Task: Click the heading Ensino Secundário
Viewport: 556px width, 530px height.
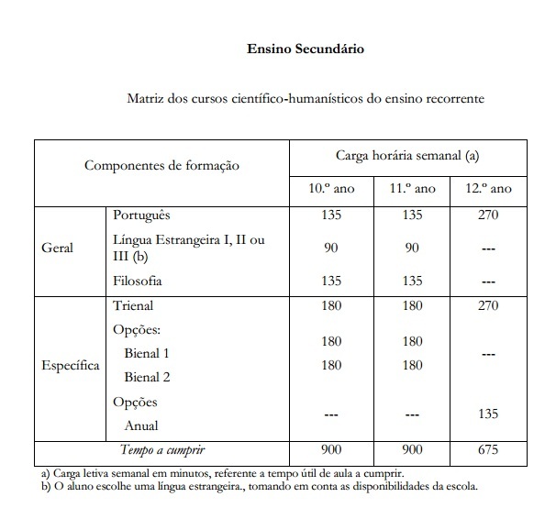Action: (306, 50)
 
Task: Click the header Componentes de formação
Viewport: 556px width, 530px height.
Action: (161, 166)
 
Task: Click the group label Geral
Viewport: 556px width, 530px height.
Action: (58, 248)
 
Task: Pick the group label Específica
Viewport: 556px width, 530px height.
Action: (71, 365)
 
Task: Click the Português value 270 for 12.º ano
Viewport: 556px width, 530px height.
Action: (488, 216)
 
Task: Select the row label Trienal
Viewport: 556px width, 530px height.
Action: (133, 305)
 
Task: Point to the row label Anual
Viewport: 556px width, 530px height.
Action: (141, 425)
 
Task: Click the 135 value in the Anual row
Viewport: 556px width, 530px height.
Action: (488, 414)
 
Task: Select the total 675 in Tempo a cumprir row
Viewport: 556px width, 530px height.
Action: (488, 450)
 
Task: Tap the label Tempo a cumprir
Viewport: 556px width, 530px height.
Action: (161, 450)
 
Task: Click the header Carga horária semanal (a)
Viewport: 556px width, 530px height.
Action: (408, 155)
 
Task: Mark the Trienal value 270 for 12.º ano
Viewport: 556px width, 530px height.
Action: (488, 305)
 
